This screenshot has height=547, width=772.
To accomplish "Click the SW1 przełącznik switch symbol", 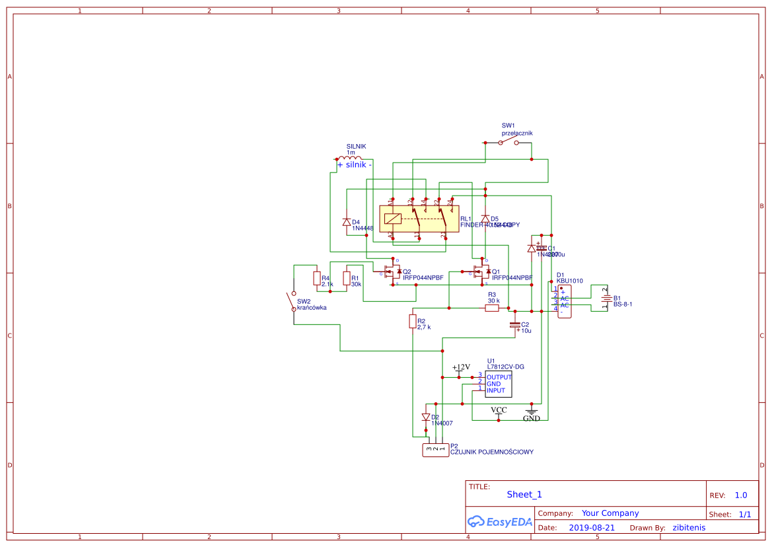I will click(508, 142).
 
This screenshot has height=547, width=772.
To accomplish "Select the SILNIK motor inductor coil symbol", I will click(350, 159).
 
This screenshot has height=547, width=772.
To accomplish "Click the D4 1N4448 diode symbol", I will click(347, 222).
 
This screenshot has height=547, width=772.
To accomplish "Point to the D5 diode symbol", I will click(485, 219).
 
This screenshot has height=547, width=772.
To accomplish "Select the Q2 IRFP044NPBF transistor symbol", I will click(392, 272).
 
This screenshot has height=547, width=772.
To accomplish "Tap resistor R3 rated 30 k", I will click(492, 308).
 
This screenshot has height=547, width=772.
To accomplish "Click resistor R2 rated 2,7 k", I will click(413, 322).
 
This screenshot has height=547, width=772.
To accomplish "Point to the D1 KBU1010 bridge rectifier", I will click(564, 301).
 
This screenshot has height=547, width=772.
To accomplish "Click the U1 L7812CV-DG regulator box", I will click(499, 384).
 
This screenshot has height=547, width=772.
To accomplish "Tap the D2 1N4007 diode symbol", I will click(426, 417).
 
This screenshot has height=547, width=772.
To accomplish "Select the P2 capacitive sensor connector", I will click(435, 450).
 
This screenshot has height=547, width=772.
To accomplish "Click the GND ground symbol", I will click(532, 412).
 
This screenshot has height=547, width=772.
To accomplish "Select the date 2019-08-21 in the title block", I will click(592, 528).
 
